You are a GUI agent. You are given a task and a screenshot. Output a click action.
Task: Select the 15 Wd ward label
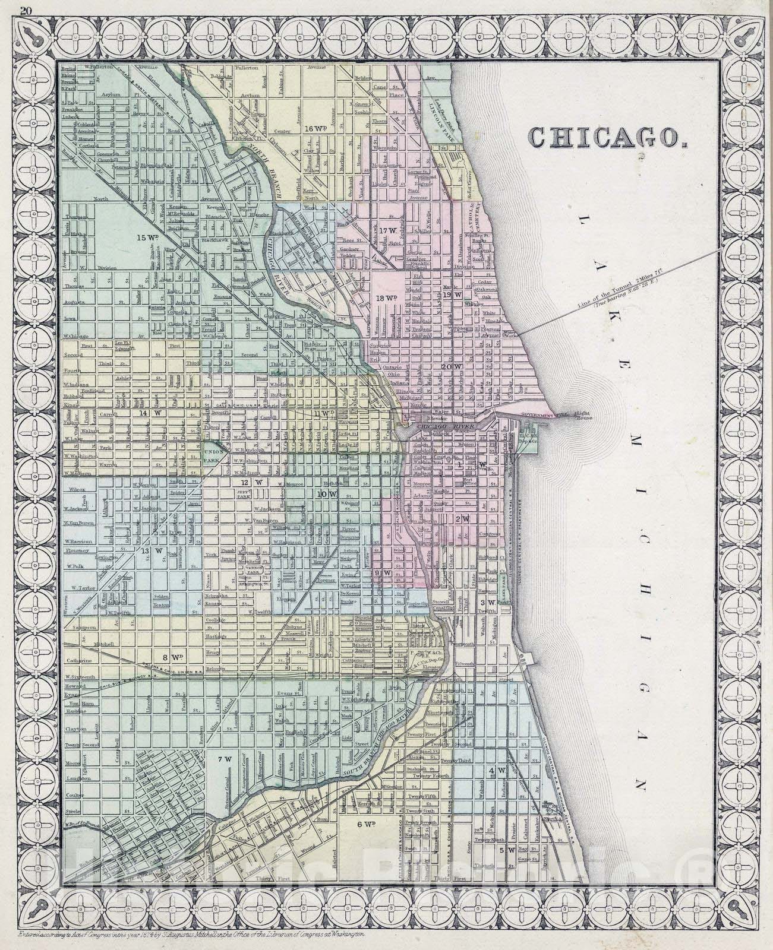[146, 237]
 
